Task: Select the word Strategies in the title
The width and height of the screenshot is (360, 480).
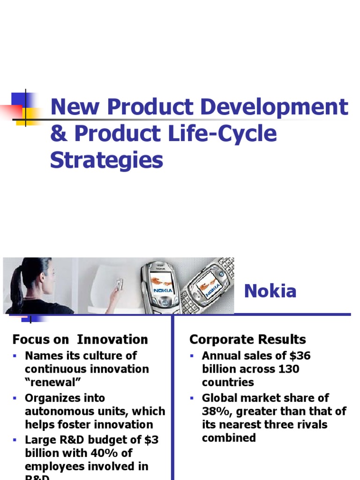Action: click(106, 160)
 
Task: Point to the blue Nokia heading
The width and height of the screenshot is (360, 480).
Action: click(270, 291)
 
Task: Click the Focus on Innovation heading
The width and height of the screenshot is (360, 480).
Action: click(80, 339)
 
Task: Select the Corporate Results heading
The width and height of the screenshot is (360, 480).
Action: click(247, 339)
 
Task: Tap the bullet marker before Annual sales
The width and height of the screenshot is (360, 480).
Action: click(192, 356)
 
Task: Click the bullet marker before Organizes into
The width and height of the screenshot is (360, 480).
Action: click(15, 398)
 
